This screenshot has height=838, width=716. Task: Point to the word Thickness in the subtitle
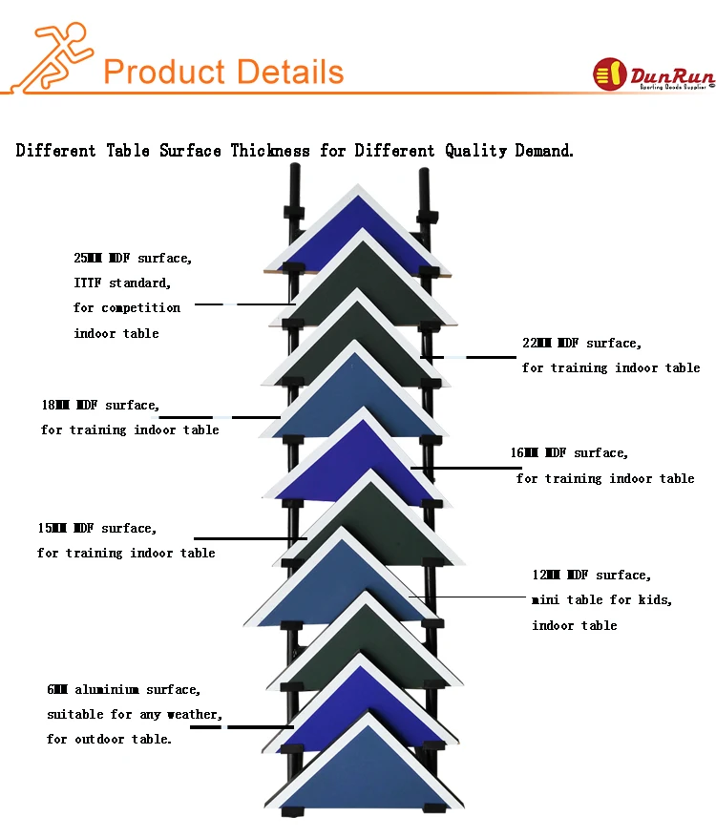point(270,151)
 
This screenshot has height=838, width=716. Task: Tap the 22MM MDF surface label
point(581,343)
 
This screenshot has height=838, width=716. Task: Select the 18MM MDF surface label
point(99,405)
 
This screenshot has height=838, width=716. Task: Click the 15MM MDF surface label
point(96,528)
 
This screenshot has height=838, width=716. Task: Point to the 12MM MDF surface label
point(592,575)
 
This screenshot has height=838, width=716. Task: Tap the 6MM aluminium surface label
point(123,689)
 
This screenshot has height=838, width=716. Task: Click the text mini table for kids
point(601,599)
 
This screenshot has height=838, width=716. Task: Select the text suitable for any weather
point(134,714)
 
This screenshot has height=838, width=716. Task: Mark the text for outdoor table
point(109,739)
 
